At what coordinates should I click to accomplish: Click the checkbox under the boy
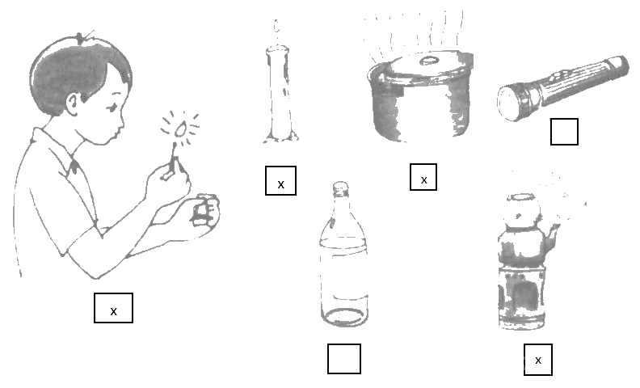point(113,308)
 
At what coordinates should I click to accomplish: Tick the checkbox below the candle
point(281,180)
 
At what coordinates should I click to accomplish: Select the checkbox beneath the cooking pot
point(423,177)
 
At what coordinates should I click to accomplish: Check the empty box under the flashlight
point(564,132)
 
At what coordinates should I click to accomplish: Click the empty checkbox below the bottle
point(344,359)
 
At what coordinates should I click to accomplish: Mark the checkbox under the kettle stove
point(538,360)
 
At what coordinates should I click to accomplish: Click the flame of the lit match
point(180,129)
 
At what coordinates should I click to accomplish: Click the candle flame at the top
point(276,27)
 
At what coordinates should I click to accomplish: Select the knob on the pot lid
point(428,61)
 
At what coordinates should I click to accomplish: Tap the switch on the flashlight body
point(557,76)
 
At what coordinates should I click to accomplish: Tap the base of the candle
point(281,137)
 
